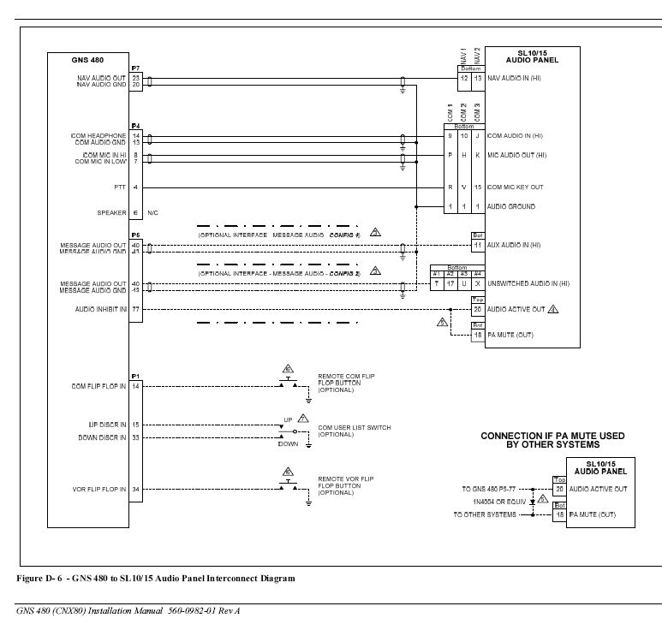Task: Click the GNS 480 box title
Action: [x=87, y=62]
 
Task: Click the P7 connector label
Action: [x=135, y=68]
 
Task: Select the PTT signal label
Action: [x=121, y=187]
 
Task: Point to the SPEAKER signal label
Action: [x=112, y=212]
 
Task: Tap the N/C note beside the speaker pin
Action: [x=153, y=212]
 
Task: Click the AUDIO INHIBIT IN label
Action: [x=102, y=308]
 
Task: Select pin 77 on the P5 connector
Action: [x=136, y=308]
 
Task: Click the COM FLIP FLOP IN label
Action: [x=99, y=387]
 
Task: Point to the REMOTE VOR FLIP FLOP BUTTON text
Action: [x=346, y=483]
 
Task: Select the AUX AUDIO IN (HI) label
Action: [x=514, y=245]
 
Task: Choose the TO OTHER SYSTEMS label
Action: [x=485, y=514]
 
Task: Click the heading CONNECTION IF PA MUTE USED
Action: [x=552, y=436]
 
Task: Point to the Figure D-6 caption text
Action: [x=155, y=578]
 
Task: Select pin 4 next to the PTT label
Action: [x=136, y=187]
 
